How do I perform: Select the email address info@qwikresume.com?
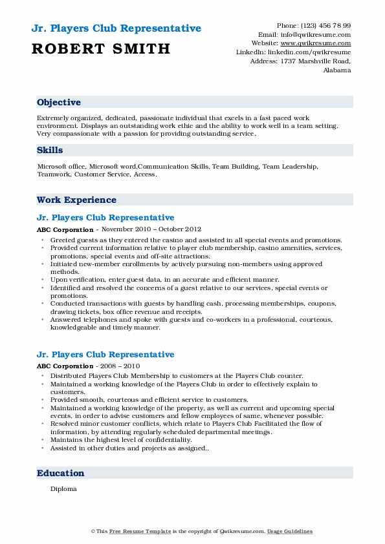tap(322, 34)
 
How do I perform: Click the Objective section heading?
tap(59, 103)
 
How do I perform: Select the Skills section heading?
tap(50, 150)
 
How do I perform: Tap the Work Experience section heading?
tap(76, 200)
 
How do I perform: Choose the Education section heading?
tap(61, 474)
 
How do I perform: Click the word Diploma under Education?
tap(63, 489)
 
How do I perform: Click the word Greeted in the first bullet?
tap(63, 239)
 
